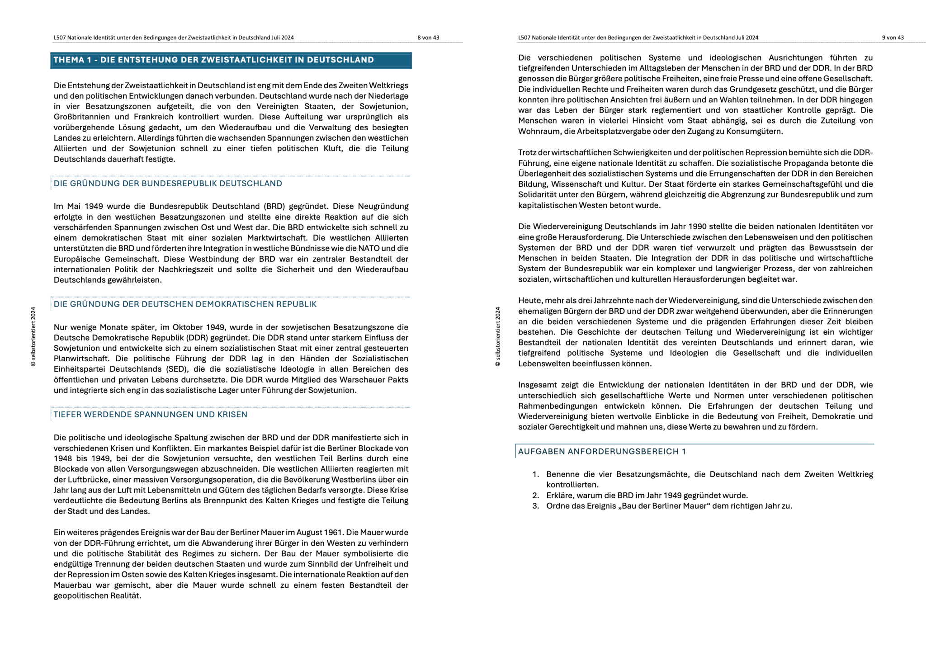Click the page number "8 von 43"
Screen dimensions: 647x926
pos(428,38)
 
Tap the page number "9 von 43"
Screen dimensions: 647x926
pos(893,38)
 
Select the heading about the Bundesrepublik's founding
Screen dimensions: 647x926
pos(168,183)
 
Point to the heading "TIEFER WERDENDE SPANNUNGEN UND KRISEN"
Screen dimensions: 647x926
pos(151,414)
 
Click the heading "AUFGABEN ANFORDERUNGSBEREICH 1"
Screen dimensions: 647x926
pos(602,451)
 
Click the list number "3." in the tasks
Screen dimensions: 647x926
pos(536,505)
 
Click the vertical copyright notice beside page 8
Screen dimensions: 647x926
pos(33,337)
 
